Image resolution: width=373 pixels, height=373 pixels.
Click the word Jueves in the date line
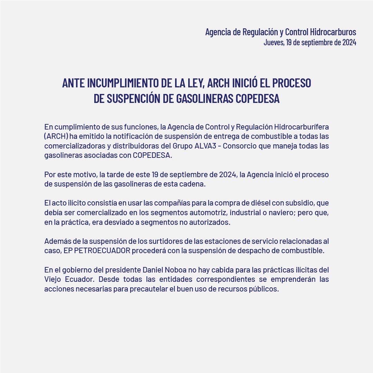[274, 42]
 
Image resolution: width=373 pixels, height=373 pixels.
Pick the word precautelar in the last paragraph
[151, 289]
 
